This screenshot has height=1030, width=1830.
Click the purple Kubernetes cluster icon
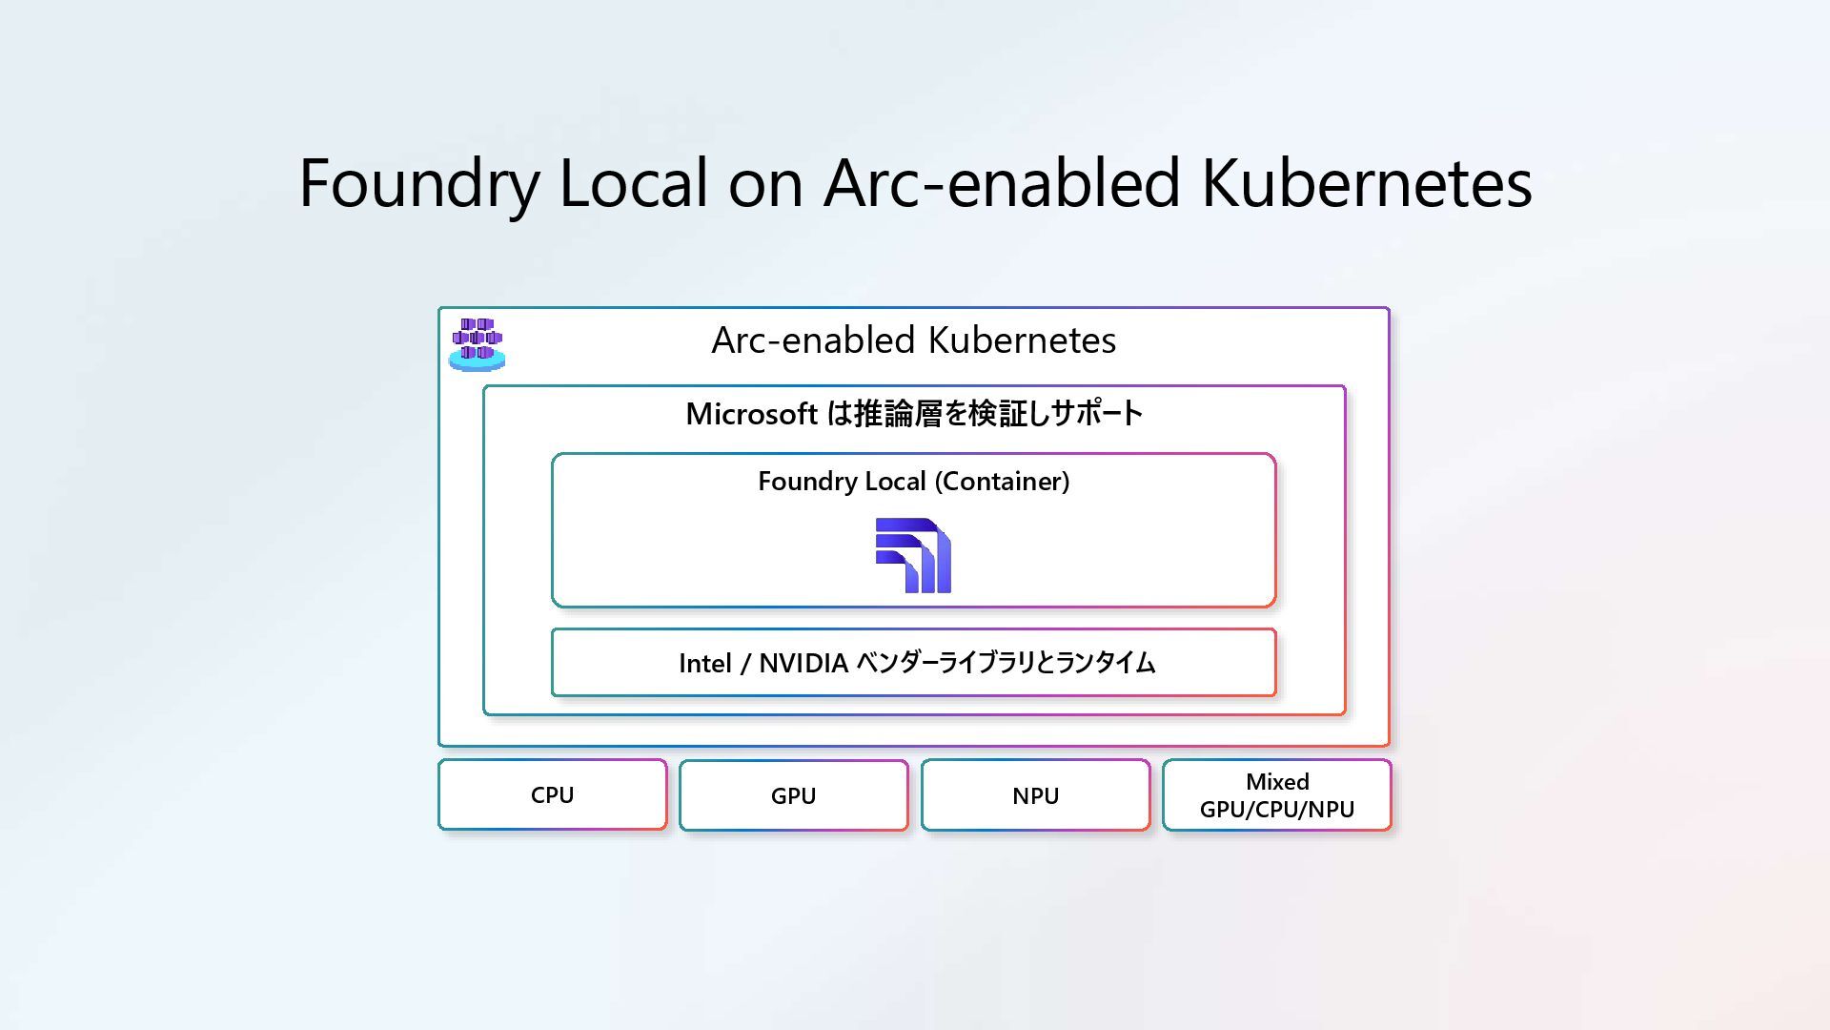tap(477, 343)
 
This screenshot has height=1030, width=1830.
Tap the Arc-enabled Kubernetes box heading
tap(913, 340)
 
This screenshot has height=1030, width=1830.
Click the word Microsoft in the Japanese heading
tap(751, 414)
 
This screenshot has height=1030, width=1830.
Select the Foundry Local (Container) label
tap(913, 482)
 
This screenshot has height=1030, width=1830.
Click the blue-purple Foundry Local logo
tap(913, 555)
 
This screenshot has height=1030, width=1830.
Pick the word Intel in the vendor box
tap(704, 663)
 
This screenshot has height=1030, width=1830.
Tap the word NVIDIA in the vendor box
tap(803, 663)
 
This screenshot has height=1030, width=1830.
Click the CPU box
tap(552, 794)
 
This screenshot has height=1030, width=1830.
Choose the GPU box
tap(793, 795)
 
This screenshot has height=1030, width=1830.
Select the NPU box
tap(1035, 795)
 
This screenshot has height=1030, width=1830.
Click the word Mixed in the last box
tap(1277, 782)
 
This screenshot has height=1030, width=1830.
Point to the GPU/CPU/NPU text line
tap(1277, 810)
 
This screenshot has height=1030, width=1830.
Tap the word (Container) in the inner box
tap(1002, 482)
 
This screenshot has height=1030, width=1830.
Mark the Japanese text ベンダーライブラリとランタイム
tap(1006, 663)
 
